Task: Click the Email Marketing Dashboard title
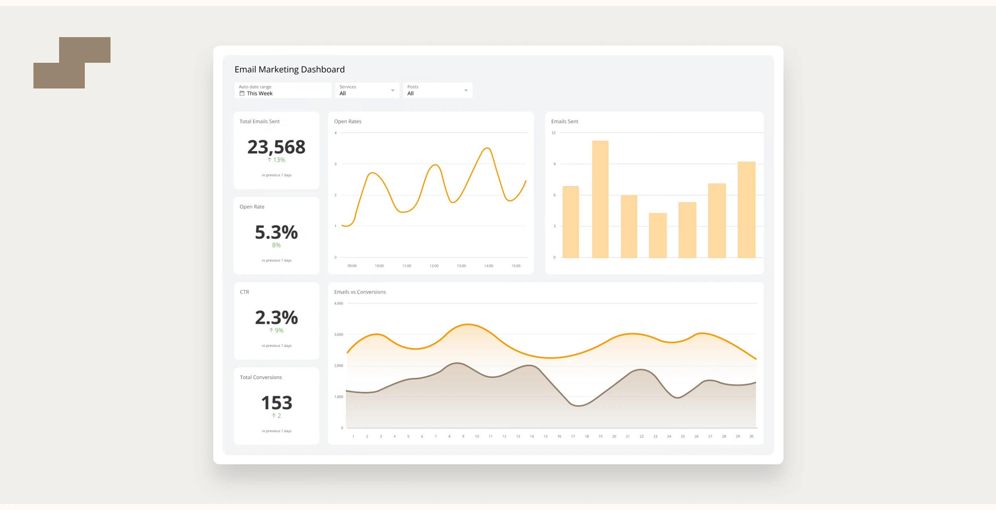[x=289, y=69]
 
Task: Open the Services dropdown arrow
[x=392, y=90]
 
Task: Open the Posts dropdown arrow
[x=466, y=90]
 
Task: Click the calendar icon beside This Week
[x=242, y=93]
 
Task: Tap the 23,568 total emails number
[x=276, y=147]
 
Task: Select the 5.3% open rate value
[x=276, y=232]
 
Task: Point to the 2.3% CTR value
[x=276, y=318]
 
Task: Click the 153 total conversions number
[x=276, y=403]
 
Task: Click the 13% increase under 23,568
[x=276, y=160]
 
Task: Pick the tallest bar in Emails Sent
[x=600, y=199]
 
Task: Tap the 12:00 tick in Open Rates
[x=434, y=266]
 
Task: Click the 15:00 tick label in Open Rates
[x=516, y=266]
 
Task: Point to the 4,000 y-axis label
[x=338, y=303]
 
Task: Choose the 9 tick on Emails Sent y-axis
[x=554, y=164]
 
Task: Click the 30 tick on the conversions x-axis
[x=751, y=436]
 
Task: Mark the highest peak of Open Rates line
[x=487, y=148]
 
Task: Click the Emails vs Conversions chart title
[x=360, y=292]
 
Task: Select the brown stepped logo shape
[x=72, y=63]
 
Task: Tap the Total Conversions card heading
[x=261, y=377]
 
